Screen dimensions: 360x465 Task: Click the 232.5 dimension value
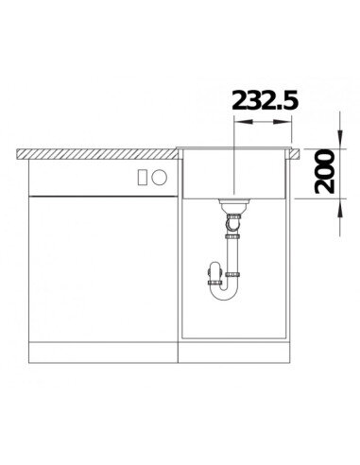point(265,100)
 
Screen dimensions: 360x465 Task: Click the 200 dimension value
point(324,172)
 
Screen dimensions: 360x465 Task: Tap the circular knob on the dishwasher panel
point(159,177)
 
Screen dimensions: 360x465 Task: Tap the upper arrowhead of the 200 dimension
point(339,139)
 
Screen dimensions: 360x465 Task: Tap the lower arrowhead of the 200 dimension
point(339,208)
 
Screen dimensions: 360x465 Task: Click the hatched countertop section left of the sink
point(96,154)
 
